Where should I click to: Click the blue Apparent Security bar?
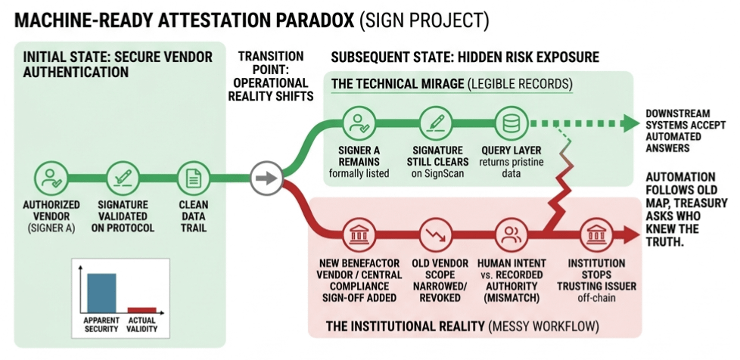coord(101,293)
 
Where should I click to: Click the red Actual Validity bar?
coord(141,309)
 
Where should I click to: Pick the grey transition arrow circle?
coord(266,178)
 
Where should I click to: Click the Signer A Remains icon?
coord(358,123)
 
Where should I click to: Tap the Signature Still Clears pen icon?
coord(434,123)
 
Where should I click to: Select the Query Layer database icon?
coord(511,123)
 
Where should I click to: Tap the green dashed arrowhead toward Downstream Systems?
coord(631,123)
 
